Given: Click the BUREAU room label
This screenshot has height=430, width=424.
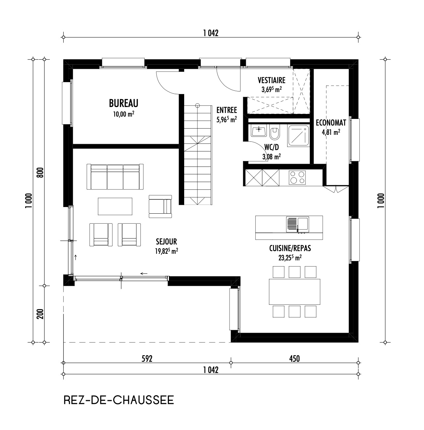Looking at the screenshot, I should tap(123, 103).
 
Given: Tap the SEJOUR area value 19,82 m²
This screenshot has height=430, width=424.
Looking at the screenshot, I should tap(167, 251).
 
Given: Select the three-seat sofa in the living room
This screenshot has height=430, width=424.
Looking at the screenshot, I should tap(115, 177).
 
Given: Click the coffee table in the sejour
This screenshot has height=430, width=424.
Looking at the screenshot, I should tap(115, 206).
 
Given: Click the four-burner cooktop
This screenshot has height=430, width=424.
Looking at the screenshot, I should tap(297, 177).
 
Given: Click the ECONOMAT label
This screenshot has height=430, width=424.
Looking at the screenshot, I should tap(331, 123).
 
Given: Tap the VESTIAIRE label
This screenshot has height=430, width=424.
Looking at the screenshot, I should tap(271, 80).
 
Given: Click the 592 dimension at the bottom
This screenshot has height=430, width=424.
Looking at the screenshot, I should tap(146, 359).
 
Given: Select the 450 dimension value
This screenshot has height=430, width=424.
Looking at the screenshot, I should tap(294, 359).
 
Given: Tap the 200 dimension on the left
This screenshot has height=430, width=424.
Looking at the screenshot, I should tap(40, 314).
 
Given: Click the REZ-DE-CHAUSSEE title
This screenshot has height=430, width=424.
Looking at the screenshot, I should tap(118, 400).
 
